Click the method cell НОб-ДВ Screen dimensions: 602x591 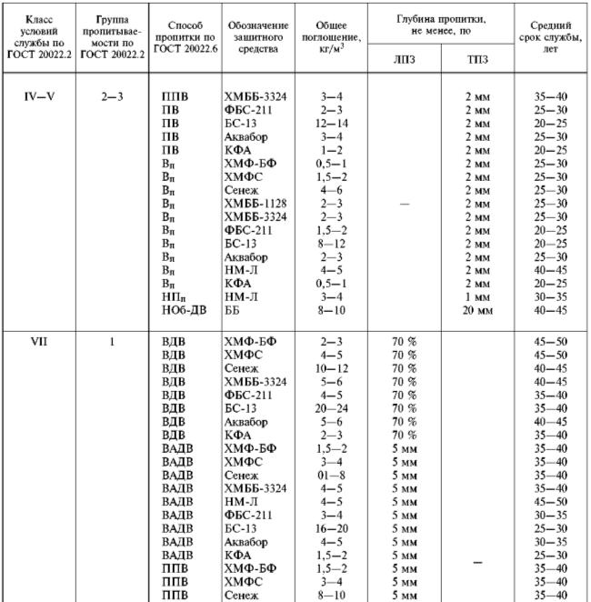182,309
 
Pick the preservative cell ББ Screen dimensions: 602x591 233,309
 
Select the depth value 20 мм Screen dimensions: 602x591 476,309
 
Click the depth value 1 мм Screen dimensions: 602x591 476,296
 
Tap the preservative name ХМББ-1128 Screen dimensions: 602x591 255,206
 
